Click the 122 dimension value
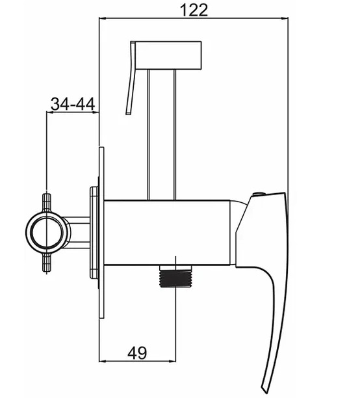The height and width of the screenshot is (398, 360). [x=194, y=10]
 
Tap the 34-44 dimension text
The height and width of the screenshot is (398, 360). [x=73, y=104]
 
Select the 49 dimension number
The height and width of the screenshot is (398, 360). [x=137, y=352]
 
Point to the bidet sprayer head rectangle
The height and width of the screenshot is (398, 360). [x=168, y=55]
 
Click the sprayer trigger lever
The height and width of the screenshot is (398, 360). [x=131, y=78]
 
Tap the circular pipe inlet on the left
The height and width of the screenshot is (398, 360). [x=47, y=232]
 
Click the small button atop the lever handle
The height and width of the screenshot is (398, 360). [x=259, y=194]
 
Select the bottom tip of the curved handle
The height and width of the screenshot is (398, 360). [x=264, y=395]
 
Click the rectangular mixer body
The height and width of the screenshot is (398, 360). [x=168, y=233]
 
